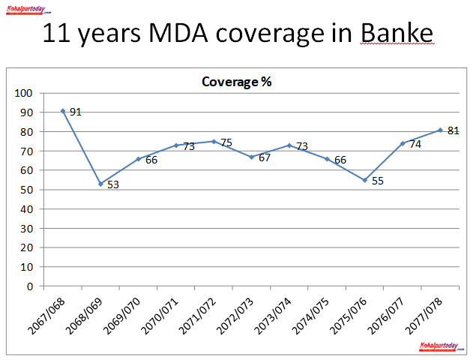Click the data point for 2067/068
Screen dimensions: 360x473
pyautogui.click(x=63, y=111)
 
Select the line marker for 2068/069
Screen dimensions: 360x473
pyautogui.click(x=100, y=184)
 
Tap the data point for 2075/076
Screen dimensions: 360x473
pyautogui.click(x=364, y=180)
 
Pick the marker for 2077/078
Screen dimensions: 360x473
pyautogui.click(x=440, y=130)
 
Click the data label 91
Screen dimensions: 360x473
pyautogui.click(x=75, y=112)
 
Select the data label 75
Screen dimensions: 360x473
pyautogui.click(x=227, y=142)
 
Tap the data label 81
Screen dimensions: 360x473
pyautogui.click(x=453, y=130)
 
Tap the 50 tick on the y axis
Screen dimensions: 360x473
pyautogui.click(x=27, y=190)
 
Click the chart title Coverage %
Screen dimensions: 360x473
pyautogui.click(x=236, y=82)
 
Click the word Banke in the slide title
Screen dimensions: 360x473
pyautogui.click(x=396, y=34)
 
